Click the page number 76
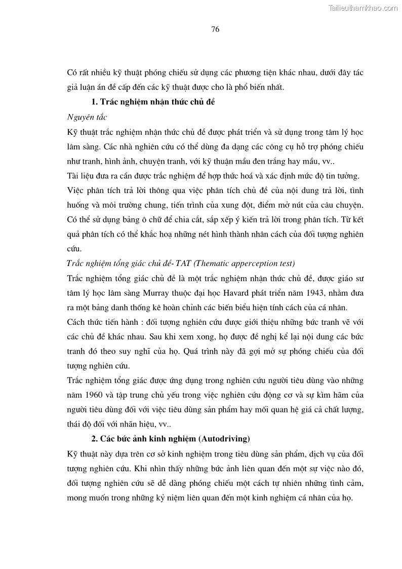click(x=215, y=29)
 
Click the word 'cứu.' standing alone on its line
click(x=74, y=249)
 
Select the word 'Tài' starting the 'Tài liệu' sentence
click(x=73, y=176)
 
